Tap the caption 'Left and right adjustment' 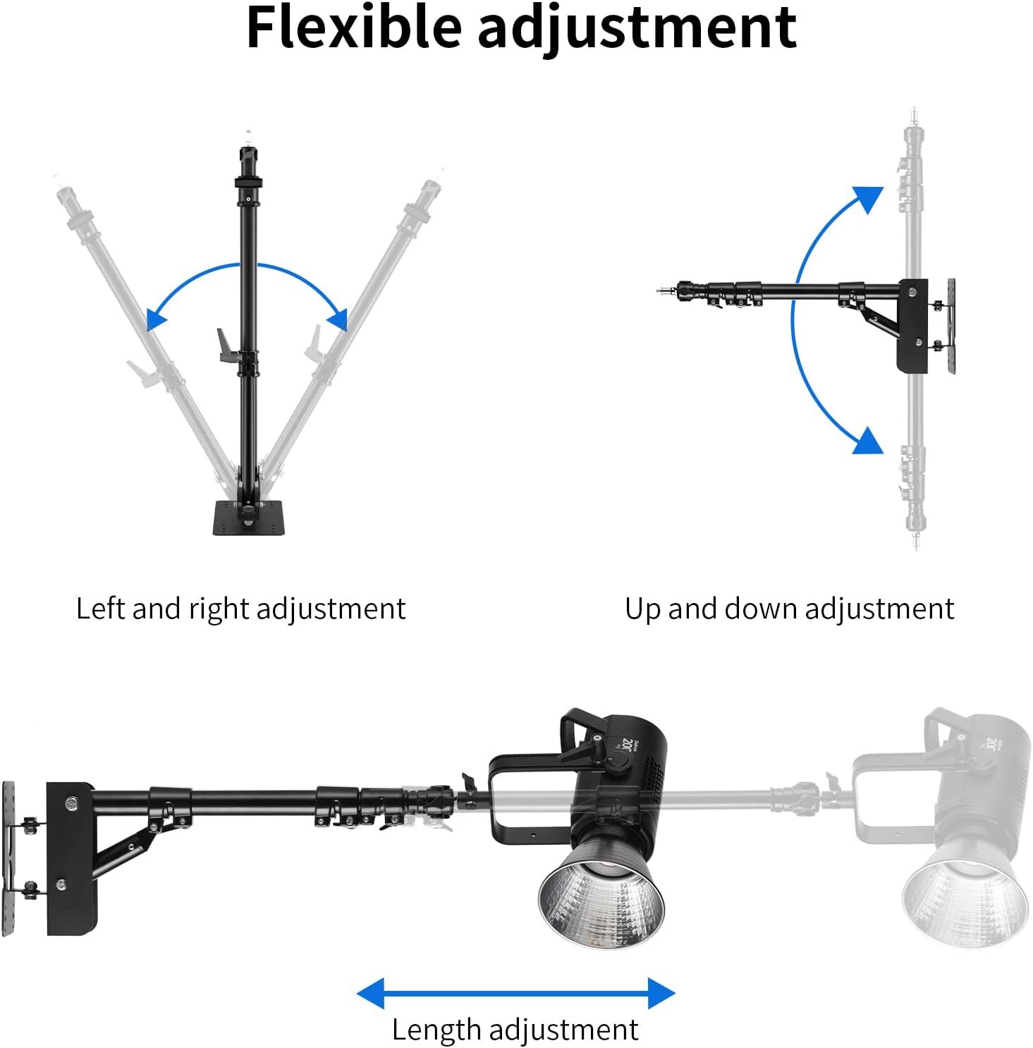[240, 609]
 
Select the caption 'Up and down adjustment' [789, 609]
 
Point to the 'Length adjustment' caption [515, 1030]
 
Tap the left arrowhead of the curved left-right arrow [155, 319]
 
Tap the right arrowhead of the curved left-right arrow [338, 319]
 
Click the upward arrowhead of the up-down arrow [868, 198]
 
